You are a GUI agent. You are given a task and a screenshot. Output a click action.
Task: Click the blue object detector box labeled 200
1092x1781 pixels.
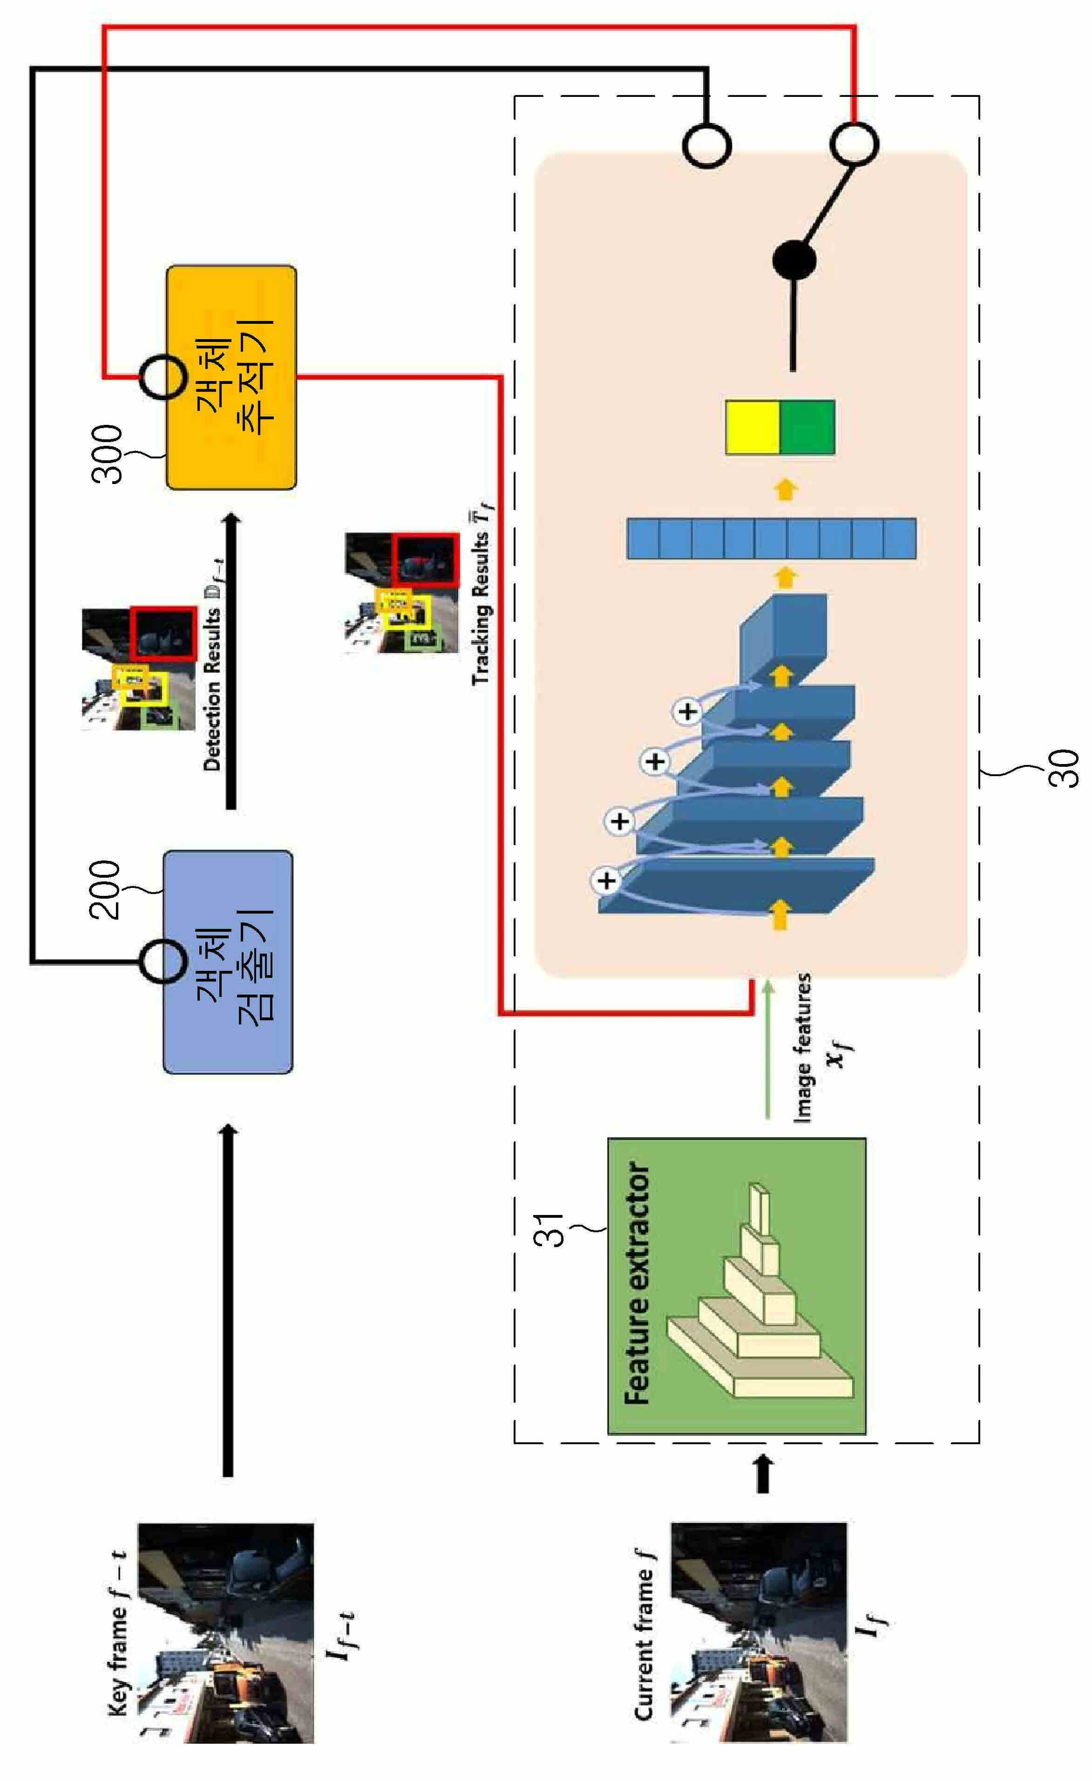tap(228, 962)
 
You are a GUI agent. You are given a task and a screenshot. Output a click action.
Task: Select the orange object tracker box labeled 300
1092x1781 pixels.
tap(231, 378)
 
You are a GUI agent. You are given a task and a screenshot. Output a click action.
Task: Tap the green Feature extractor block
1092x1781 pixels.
tap(736, 1286)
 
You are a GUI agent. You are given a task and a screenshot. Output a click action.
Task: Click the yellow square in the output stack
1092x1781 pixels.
tap(753, 427)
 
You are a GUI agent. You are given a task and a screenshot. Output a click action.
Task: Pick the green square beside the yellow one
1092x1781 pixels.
tap(808, 427)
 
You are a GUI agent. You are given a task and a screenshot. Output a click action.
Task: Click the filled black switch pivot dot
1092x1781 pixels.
tap(794, 260)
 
